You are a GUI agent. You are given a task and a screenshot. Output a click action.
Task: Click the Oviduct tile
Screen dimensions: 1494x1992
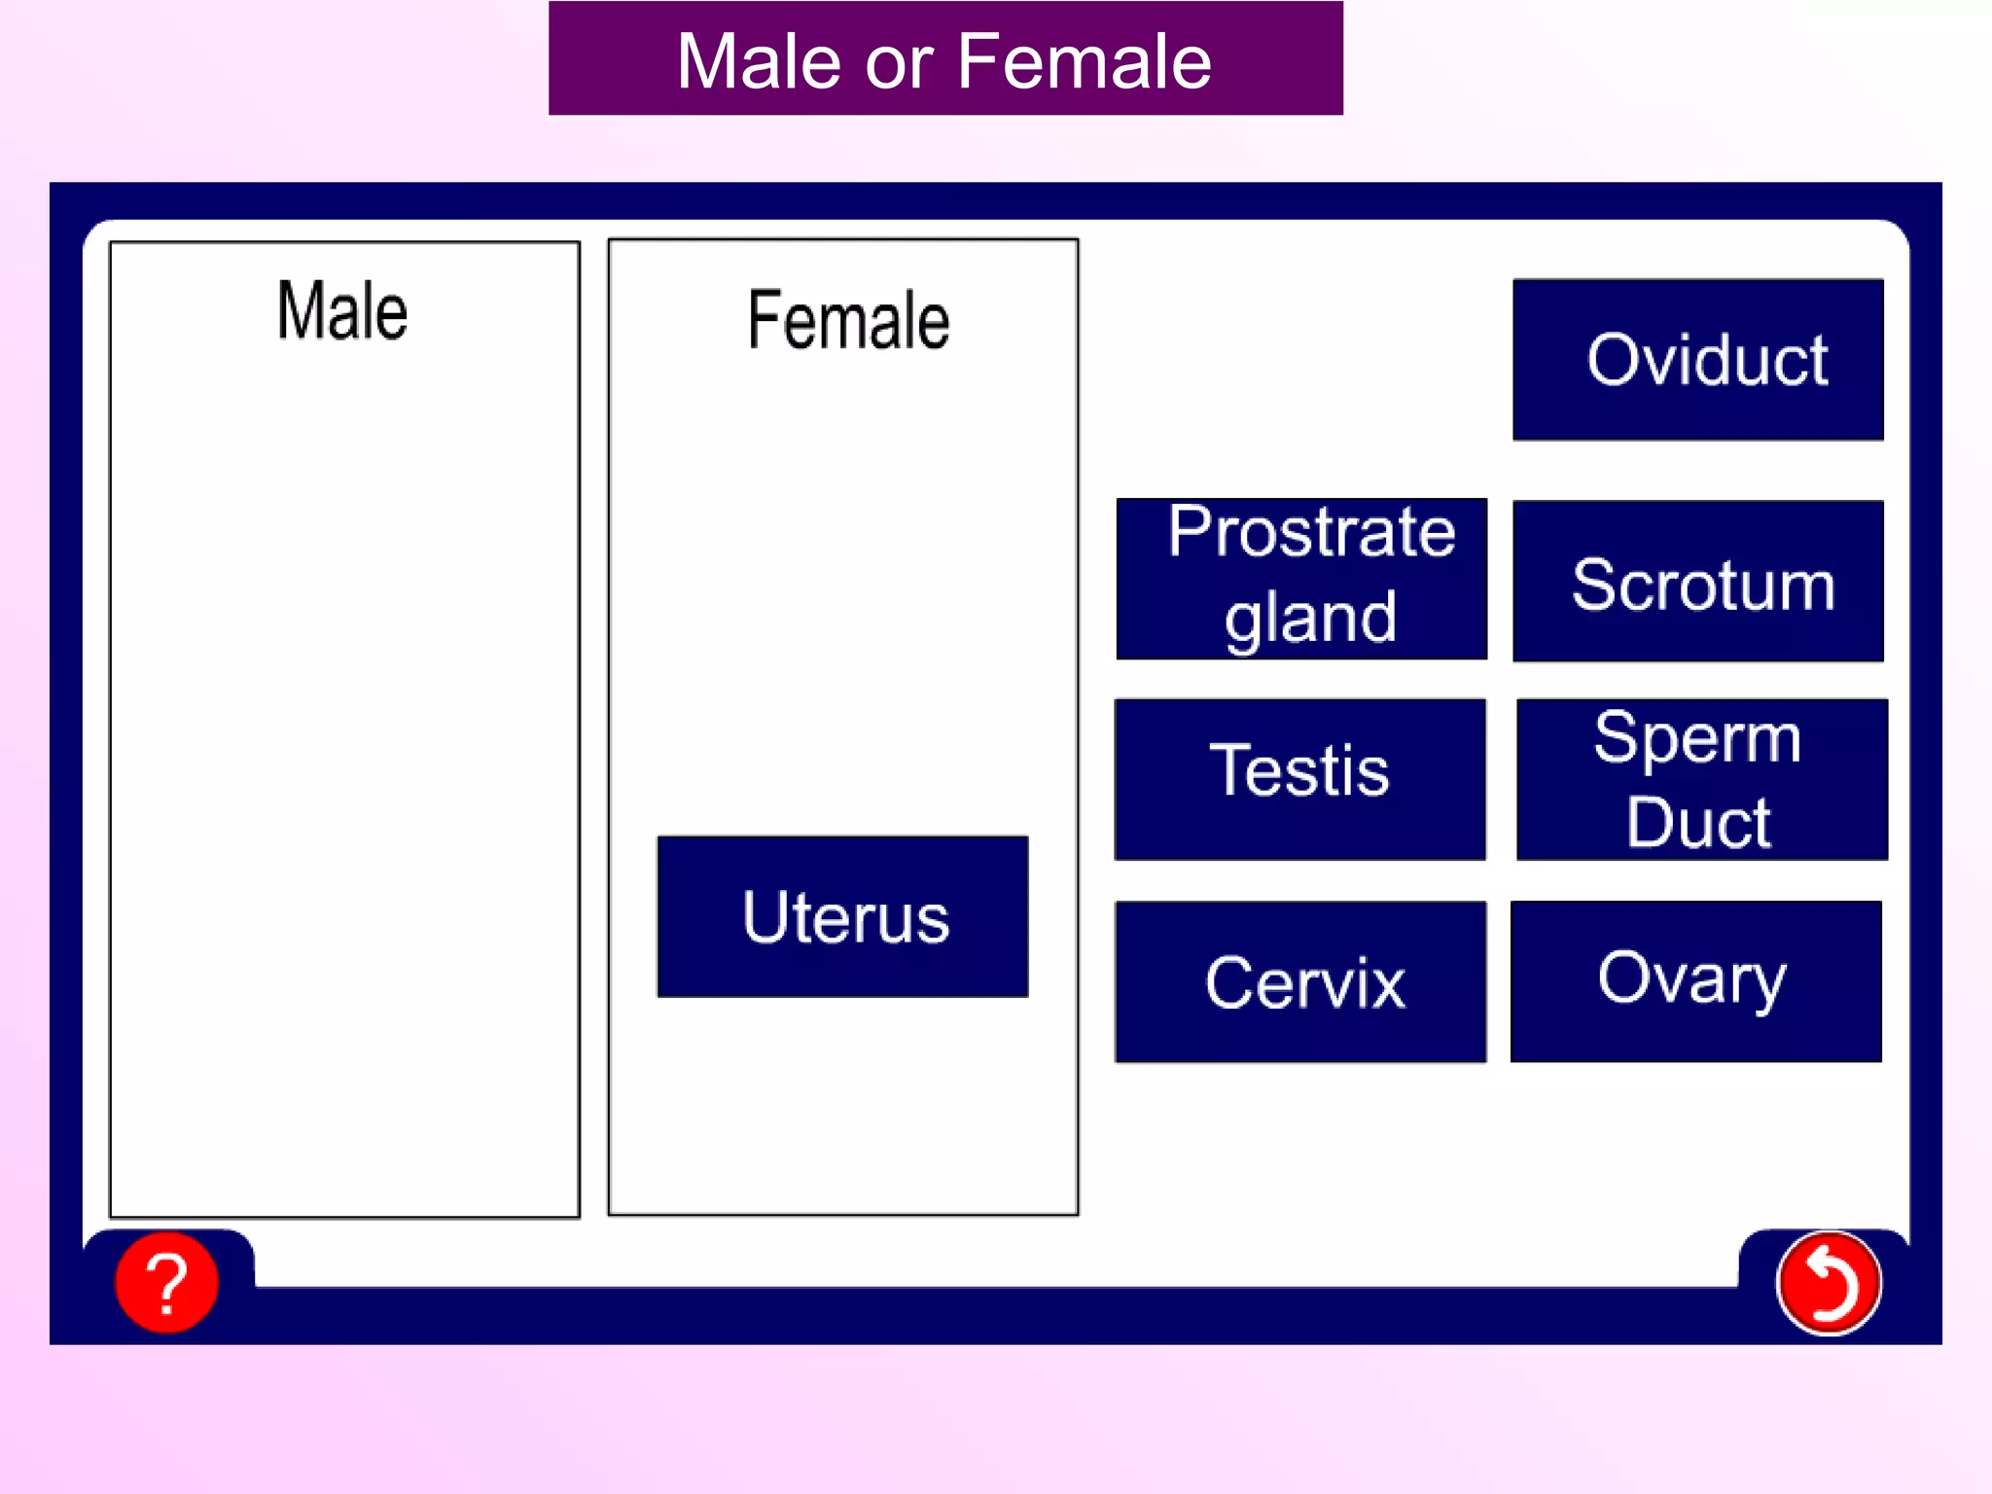1697,360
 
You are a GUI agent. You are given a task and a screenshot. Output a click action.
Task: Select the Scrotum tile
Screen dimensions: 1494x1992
1697,582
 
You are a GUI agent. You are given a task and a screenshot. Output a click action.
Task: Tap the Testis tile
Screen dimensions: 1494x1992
1299,778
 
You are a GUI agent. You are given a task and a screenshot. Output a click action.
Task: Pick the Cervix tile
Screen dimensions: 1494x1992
1299,981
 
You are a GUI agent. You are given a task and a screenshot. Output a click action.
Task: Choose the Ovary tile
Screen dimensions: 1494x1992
1695,980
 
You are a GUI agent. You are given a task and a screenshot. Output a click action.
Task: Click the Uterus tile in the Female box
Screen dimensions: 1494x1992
842,916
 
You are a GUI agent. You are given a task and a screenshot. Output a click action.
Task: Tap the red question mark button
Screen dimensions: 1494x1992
166,1282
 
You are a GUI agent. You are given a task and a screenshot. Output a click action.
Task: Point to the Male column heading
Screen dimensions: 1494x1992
342,311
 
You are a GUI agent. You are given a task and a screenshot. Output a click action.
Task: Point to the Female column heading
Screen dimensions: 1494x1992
848,320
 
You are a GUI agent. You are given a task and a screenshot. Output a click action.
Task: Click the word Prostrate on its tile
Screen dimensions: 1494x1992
1311,533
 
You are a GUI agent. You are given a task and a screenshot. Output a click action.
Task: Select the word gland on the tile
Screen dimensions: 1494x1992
1310,618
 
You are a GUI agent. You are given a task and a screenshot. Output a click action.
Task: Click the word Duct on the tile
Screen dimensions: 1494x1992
1697,823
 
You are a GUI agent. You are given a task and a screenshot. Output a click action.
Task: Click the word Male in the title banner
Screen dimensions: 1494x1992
759,61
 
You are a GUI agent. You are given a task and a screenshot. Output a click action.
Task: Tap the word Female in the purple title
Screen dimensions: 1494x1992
1085,61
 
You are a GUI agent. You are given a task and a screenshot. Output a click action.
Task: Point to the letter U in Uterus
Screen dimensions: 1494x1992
765,916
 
